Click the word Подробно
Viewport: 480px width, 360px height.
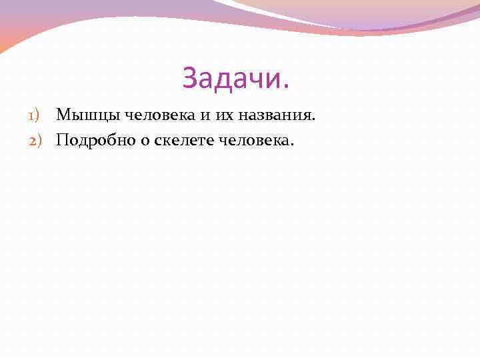(x=91, y=140)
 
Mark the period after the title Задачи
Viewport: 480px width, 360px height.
(x=288, y=87)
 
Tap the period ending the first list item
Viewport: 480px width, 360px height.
(x=311, y=119)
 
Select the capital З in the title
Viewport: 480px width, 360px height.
(x=190, y=79)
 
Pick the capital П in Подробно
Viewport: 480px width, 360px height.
(x=63, y=140)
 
